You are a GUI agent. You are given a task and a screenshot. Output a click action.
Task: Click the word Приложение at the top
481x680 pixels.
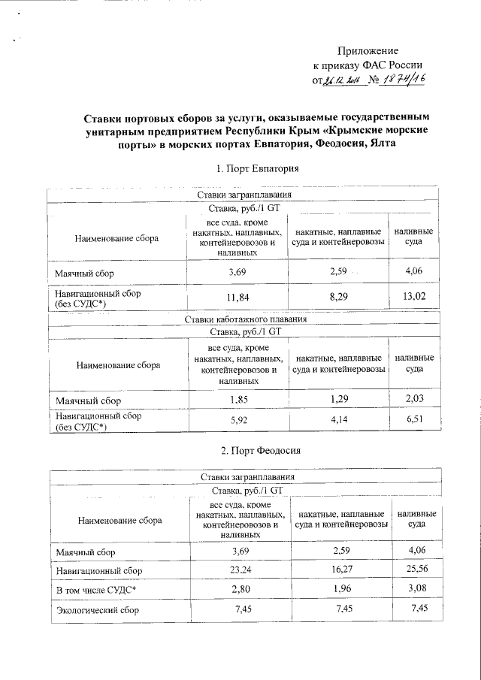(x=369, y=50)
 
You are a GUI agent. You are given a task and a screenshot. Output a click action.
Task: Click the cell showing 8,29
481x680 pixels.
(x=338, y=297)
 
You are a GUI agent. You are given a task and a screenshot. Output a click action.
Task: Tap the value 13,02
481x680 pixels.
(x=414, y=297)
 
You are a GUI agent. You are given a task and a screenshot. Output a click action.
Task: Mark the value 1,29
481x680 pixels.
(x=338, y=400)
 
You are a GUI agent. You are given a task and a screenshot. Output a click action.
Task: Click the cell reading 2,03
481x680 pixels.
(x=415, y=400)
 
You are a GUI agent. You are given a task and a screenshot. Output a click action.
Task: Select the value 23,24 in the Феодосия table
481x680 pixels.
(x=240, y=571)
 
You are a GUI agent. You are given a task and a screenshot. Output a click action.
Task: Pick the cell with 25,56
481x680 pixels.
(x=417, y=571)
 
